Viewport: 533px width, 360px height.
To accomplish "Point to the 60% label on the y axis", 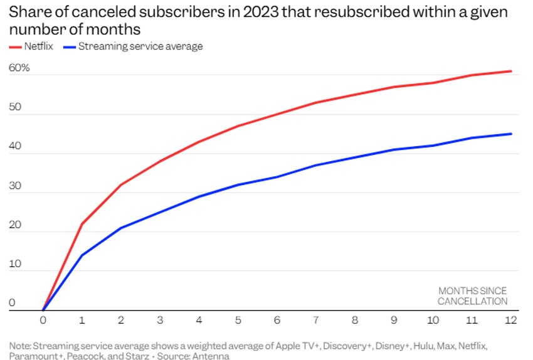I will tap(19, 68).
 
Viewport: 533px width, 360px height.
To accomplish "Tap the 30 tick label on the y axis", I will tap(15, 186).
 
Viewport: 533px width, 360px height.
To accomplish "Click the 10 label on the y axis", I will tap(15, 264).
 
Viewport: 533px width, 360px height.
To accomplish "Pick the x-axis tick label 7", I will tap(317, 320).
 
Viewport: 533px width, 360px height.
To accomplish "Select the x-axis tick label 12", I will tap(512, 320).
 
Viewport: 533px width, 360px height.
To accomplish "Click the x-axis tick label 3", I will tap(161, 320).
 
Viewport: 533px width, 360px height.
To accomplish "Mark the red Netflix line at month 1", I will tap(82, 224).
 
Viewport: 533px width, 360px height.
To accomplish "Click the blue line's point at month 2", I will tap(121, 228).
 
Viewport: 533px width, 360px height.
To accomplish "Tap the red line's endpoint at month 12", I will tap(512, 71).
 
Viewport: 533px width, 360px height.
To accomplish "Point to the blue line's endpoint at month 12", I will tap(512, 134).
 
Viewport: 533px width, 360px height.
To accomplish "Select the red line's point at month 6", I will tap(278, 114).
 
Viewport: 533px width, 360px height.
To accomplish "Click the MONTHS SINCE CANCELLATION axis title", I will tap(472, 296).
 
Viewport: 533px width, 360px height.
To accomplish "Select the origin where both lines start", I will tap(43, 310).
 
